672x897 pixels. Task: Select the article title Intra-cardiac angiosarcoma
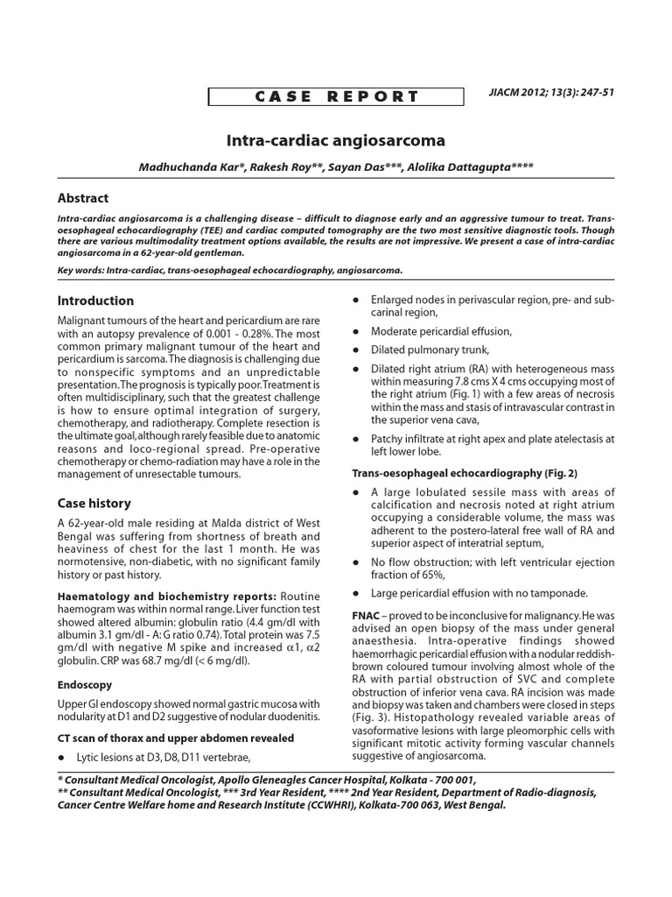[x=336, y=140]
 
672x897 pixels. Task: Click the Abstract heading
[x=83, y=198]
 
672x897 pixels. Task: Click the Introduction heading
[x=95, y=300]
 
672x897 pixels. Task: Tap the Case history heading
[x=94, y=503]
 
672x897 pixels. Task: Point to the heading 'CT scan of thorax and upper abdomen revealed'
[x=175, y=738]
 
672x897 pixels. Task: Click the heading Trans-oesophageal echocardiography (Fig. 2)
[x=465, y=473]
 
